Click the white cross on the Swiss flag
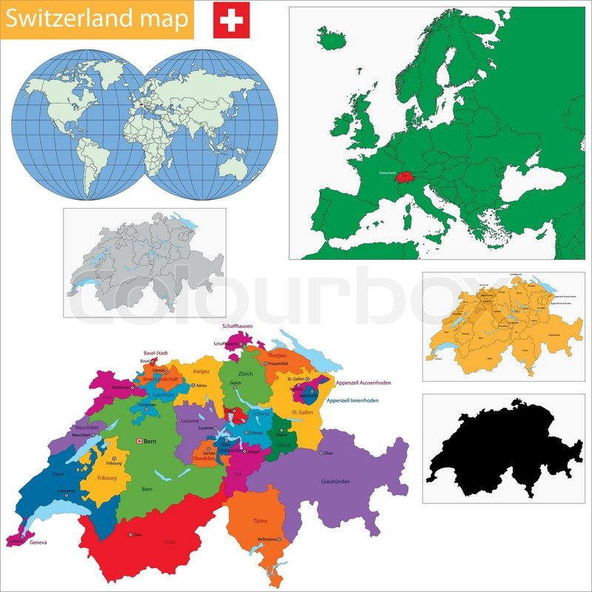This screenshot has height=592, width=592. [231, 20]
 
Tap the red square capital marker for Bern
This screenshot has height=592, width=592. [137, 442]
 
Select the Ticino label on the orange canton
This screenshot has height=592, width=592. [260, 521]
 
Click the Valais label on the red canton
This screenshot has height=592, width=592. [169, 542]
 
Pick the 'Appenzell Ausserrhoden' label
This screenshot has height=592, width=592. [363, 383]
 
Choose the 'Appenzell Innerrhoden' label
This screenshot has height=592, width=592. [352, 400]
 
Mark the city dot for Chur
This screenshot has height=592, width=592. [320, 453]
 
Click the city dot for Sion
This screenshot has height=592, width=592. [131, 534]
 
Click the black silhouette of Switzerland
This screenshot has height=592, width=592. [503, 448]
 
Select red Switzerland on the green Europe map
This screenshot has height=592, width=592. [403, 177]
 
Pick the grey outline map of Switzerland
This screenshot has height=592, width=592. [144, 263]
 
